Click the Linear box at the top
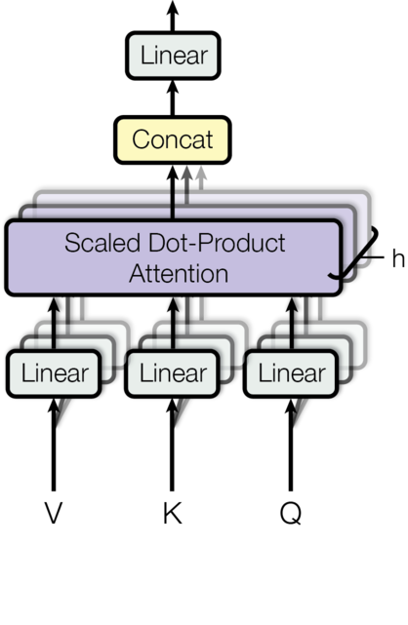pos(173,56)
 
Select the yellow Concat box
pos(172,139)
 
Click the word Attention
pos(179,273)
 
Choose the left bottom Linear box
pos(54,373)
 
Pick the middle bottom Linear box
pos(173,373)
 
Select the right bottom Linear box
pos(291,373)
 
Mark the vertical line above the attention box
pos(173,206)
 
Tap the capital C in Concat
pos(141,139)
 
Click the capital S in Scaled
pos(72,242)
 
